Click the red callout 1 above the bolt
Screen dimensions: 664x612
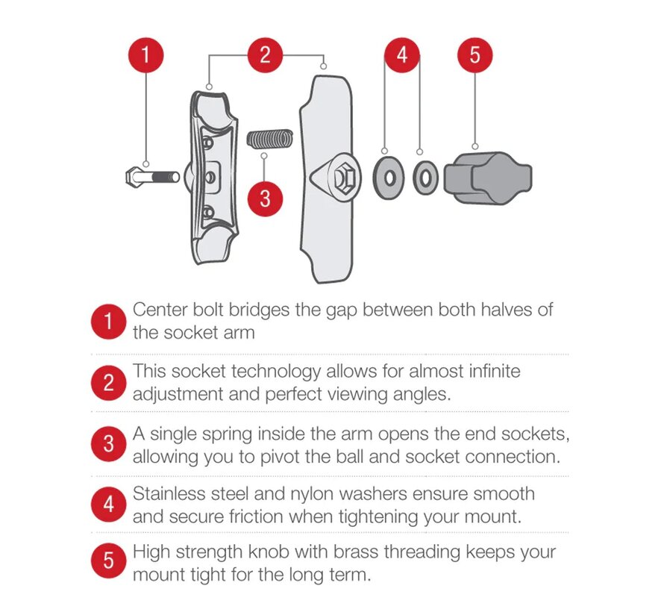point(145,55)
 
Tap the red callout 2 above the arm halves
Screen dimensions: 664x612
point(265,55)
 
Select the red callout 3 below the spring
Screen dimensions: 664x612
point(265,199)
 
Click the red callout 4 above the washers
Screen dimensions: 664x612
point(402,55)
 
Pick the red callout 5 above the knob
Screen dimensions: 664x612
point(475,55)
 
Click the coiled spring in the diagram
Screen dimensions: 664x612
point(270,140)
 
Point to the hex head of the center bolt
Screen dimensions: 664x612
point(137,177)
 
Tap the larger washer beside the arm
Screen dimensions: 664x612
point(388,178)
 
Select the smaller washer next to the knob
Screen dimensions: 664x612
point(425,178)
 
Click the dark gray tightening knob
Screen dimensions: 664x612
point(488,178)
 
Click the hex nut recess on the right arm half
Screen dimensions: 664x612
point(341,178)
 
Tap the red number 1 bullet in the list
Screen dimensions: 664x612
point(108,322)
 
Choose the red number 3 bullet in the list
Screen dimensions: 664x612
point(108,444)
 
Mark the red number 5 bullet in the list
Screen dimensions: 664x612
point(108,561)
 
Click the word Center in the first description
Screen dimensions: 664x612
point(160,310)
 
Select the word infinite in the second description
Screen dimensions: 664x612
point(495,371)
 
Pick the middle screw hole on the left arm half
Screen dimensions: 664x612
point(210,177)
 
